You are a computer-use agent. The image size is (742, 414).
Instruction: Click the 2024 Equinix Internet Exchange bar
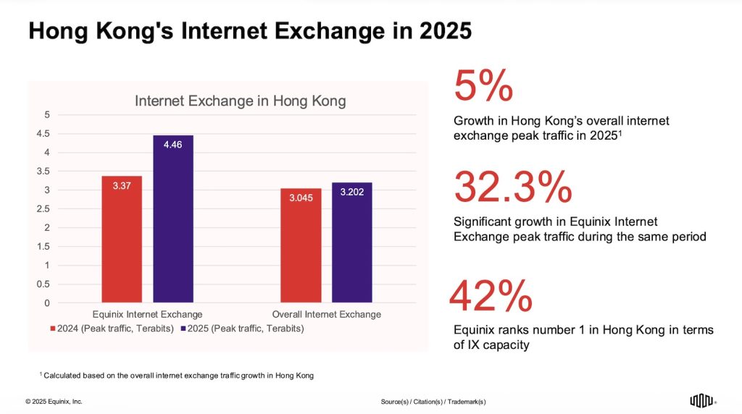(122, 239)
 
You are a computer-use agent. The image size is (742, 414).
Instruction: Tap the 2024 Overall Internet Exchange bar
(301, 245)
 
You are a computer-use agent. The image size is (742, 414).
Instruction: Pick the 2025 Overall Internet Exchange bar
(352, 242)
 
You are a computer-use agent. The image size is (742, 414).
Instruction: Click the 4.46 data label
(173, 145)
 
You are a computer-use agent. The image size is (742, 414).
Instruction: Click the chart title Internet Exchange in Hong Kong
(240, 101)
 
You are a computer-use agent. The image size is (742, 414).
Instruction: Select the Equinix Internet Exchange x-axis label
(148, 314)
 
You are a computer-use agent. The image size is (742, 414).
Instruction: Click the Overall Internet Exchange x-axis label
(326, 314)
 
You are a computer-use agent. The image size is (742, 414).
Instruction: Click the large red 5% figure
(483, 87)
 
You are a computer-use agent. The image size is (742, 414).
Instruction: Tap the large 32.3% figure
(512, 187)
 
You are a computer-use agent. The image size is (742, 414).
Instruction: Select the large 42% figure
(491, 297)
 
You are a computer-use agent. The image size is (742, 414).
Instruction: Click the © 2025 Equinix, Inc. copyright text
(54, 401)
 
